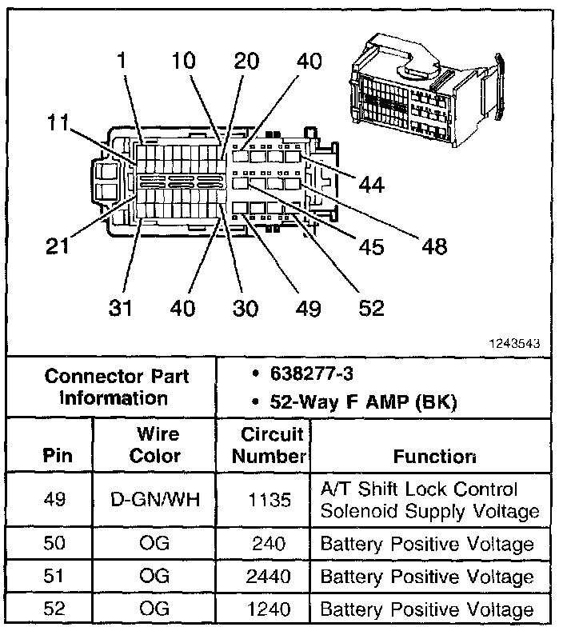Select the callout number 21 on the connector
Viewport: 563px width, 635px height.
[58, 246]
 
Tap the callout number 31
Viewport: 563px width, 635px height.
[121, 307]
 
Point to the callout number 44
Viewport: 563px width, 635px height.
[371, 185]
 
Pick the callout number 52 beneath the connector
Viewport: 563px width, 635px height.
[371, 307]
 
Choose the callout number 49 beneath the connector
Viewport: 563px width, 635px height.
[307, 307]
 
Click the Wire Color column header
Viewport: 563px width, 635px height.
[155, 445]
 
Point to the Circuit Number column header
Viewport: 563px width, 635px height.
[273, 445]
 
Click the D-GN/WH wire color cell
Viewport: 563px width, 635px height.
[155, 500]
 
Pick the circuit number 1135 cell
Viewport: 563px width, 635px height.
[273, 500]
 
